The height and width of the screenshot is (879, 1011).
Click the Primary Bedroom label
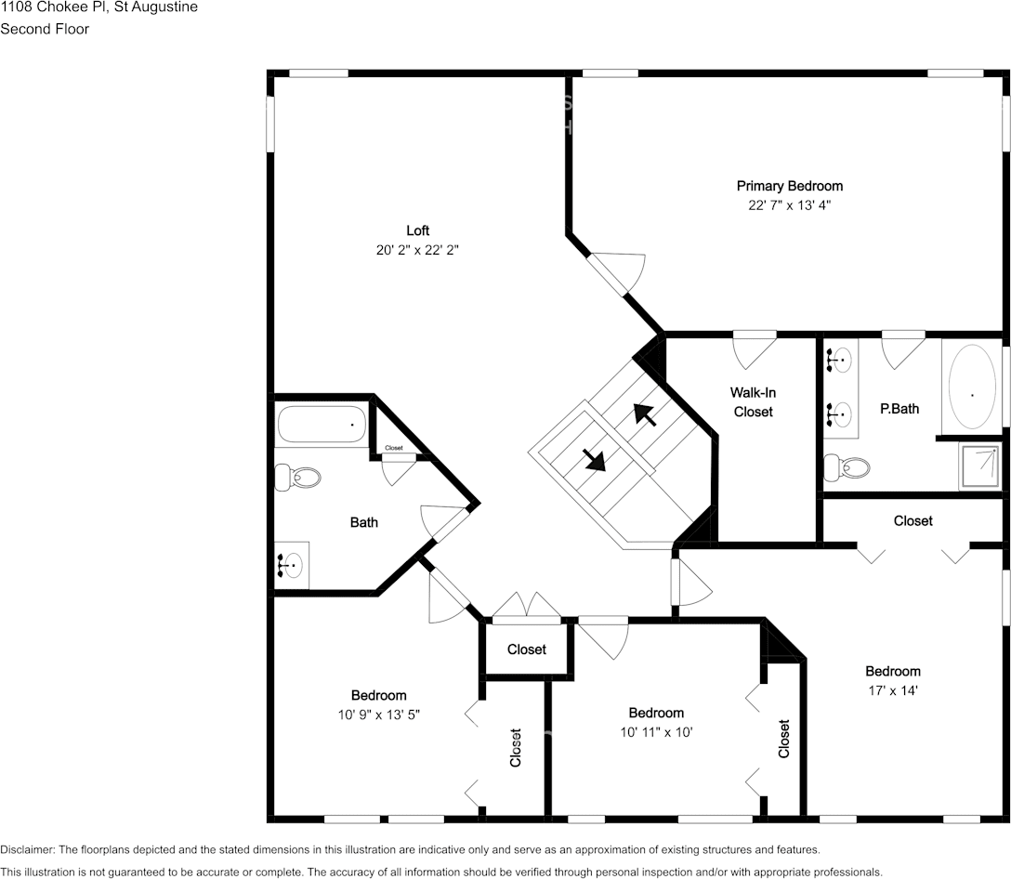789,186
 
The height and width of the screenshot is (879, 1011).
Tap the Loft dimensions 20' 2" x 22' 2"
417,249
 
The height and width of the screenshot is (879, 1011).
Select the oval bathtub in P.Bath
972,387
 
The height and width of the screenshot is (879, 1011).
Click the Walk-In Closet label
753,402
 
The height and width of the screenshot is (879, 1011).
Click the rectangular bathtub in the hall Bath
322,426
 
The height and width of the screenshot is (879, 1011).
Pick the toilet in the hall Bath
299,478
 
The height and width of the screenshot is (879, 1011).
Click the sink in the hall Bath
292,564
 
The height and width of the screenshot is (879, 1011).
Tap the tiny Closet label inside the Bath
394,448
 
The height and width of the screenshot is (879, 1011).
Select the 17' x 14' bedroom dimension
893,690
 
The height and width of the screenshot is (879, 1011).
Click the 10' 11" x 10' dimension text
656,731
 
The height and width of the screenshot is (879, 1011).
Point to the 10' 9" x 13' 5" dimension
378,714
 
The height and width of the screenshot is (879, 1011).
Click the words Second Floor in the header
45,29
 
